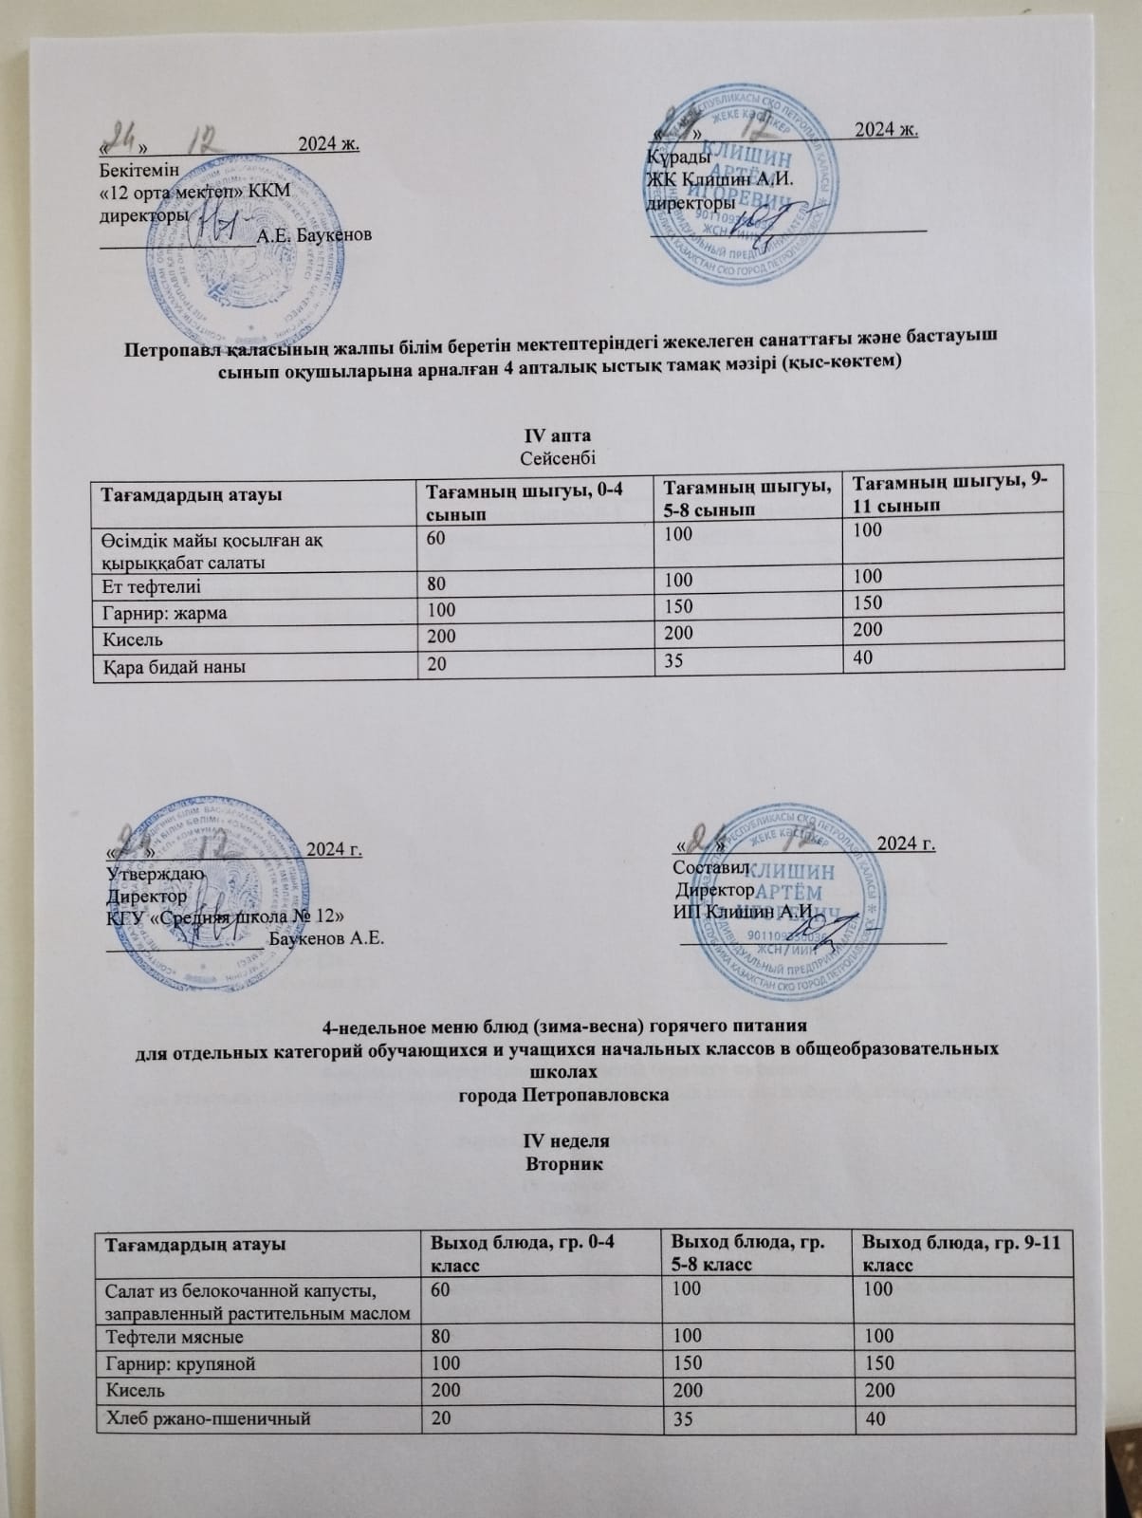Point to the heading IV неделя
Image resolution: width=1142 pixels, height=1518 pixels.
pyautogui.click(x=565, y=1141)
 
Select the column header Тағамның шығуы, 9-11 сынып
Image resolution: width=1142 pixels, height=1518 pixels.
pyautogui.click(x=949, y=493)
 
